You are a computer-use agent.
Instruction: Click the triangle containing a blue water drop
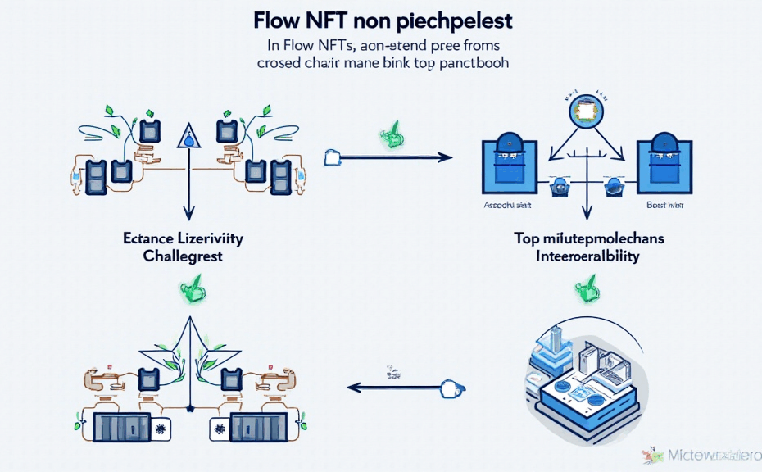pyautogui.click(x=189, y=137)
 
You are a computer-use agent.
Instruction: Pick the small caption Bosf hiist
pyautogui.click(x=664, y=206)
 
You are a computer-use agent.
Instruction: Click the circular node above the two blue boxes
pyautogui.click(x=585, y=111)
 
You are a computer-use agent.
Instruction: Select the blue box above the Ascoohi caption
pyautogui.click(x=508, y=161)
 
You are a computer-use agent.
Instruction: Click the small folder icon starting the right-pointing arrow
pyautogui.click(x=332, y=154)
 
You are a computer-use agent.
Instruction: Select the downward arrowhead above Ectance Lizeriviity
pyautogui.click(x=189, y=215)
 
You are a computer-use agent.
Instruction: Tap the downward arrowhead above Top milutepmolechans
pyautogui.click(x=585, y=216)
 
